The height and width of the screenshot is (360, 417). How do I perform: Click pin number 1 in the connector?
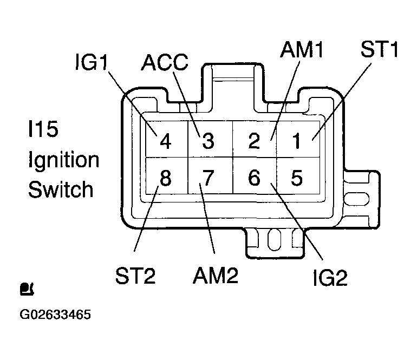pyautogui.click(x=297, y=141)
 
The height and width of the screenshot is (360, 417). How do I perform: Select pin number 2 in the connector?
pyautogui.click(x=254, y=140)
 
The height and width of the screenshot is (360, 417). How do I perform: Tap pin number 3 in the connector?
pyautogui.click(x=208, y=141)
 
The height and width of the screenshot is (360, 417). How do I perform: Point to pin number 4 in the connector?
pyautogui.click(x=165, y=141)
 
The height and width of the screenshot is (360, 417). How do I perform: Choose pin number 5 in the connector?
pyautogui.click(x=297, y=178)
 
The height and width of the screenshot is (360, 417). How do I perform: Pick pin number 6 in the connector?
pyautogui.click(x=254, y=178)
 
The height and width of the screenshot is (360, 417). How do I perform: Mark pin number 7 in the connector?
pyautogui.click(x=208, y=178)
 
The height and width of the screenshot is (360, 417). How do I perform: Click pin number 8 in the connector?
pyautogui.click(x=165, y=178)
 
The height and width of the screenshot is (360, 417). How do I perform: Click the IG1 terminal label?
pyautogui.click(x=92, y=62)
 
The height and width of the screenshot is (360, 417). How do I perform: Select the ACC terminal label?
pyautogui.click(x=165, y=62)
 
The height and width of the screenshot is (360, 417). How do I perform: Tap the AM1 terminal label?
pyautogui.click(x=302, y=49)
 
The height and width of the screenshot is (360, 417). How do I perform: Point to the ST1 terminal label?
pyautogui.click(x=380, y=49)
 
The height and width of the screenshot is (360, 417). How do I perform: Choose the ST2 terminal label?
pyautogui.click(x=135, y=276)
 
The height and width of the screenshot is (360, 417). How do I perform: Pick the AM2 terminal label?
pyautogui.click(x=216, y=275)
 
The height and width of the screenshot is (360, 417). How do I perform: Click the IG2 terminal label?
pyautogui.click(x=330, y=278)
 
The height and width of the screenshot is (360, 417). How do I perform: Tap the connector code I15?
pyautogui.click(x=43, y=129)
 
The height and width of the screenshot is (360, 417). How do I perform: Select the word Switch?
pyautogui.click(x=61, y=189)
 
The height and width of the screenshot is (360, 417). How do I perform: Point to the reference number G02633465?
pyautogui.click(x=55, y=315)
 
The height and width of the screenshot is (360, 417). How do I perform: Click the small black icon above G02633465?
pyautogui.click(x=27, y=289)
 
